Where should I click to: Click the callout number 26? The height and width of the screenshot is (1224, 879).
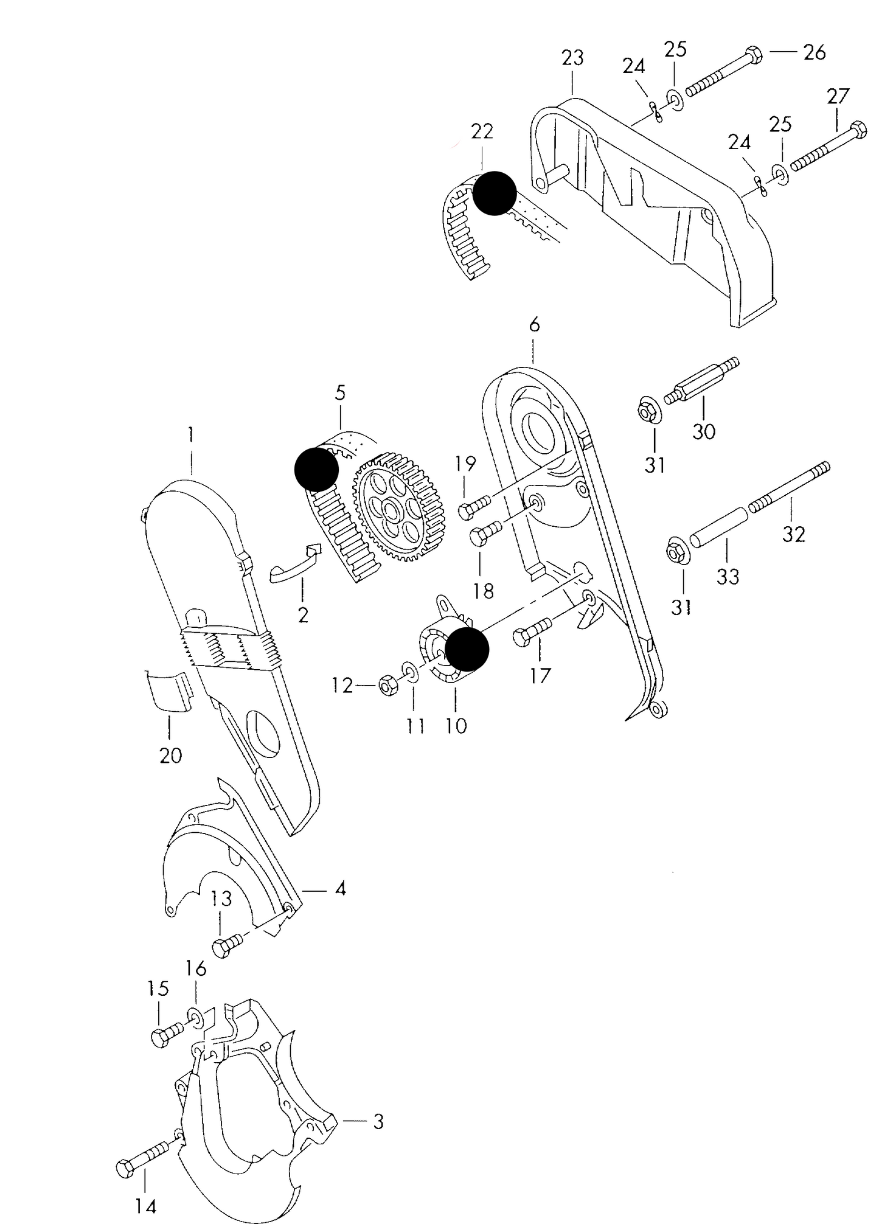[814, 53]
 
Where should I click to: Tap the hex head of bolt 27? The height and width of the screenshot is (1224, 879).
[858, 130]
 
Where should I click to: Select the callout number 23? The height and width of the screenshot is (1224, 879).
[572, 58]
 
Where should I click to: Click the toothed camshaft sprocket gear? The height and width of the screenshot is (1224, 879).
[398, 507]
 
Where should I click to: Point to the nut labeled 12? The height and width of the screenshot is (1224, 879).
[386, 686]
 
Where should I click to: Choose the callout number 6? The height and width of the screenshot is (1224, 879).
[533, 325]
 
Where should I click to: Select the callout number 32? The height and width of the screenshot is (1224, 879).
[793, 534]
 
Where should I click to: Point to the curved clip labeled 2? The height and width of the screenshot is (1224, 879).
[295, 564]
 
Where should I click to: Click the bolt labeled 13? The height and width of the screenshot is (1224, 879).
[228, 947]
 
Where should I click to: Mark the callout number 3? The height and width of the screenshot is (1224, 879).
[378, 1122]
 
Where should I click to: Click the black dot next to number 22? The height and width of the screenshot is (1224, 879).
[494, 193]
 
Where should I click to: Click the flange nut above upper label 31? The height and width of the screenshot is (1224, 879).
[649, 411]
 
